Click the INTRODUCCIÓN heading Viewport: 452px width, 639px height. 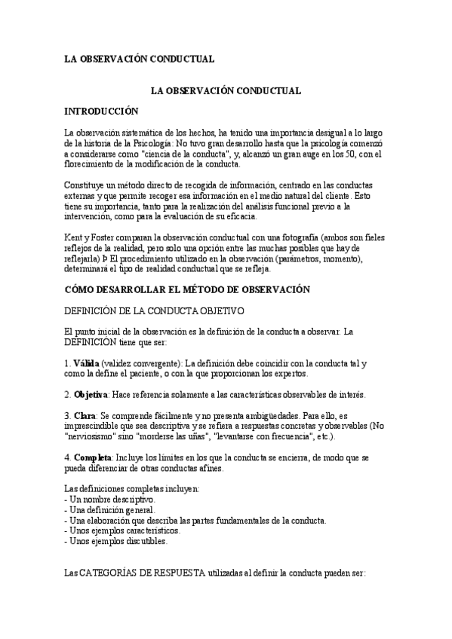[101, 111]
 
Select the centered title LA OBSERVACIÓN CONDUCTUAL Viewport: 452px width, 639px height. [226, 90]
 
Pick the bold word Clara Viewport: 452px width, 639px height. [85, 416]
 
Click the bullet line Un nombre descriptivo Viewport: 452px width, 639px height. [112, 500]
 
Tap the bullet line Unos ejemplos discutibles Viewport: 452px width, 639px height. [116, 541]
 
